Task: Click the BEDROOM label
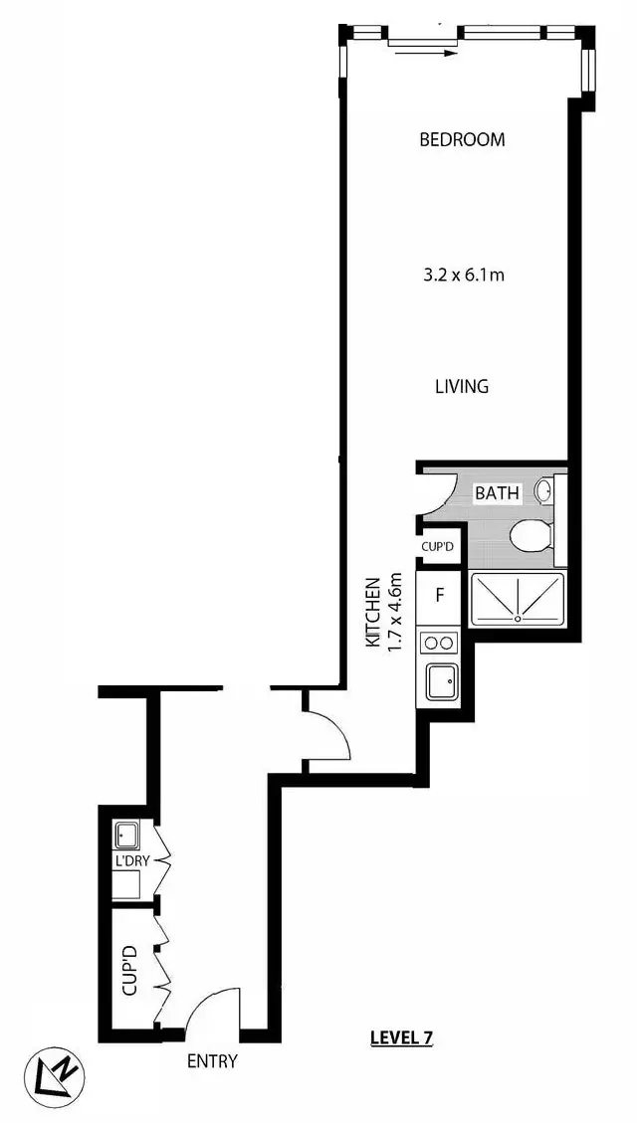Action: pyautogui.click(x=462, y=140)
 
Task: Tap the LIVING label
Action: pyautogui.click(x=462, y=387)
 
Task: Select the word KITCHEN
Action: pyautogui.click(x=373, y=613)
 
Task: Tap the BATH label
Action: pyautogui.click(x=495, y=492)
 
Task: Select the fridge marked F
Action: pyautogui.click(x=439, y=599)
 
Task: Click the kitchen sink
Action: pyautogui.click(x=440, y=683)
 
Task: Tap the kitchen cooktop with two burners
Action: pyautogui.click(x=439, y=644)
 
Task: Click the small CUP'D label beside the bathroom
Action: pyautogui.click(x=438, y=546)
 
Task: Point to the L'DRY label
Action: pyautogui.click(x=131, y=860)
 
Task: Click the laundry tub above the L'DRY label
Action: pyautogui.click(x=127, y=833)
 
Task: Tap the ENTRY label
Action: pyautogui.click(x=213, y=1061)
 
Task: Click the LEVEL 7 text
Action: pyautogui.click(x=400, y=1038)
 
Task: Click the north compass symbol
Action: pyautogui.click(x=56, y=1075)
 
